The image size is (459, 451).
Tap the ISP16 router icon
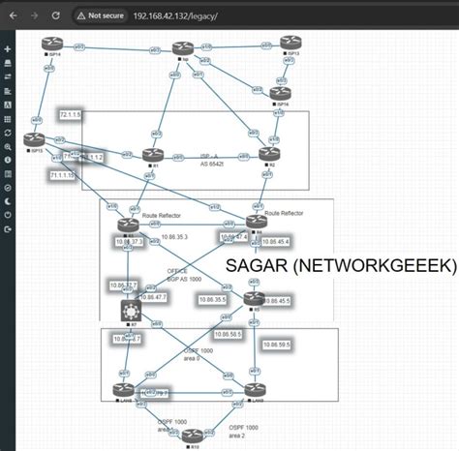(x=280, y=92)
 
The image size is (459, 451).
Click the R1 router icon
(x=150, y=155)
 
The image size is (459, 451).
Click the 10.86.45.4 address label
(x=272, y=240)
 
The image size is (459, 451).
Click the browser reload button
(x=54, y=15)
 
